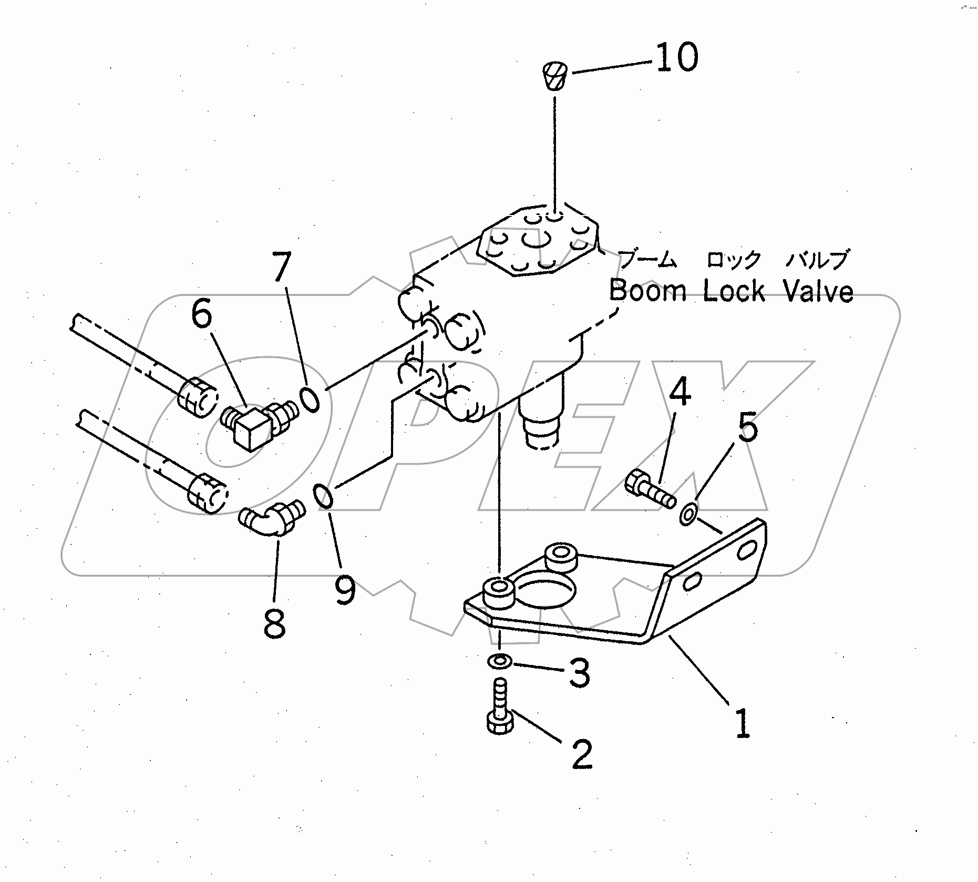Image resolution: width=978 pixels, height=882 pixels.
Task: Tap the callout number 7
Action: tap(282, 268)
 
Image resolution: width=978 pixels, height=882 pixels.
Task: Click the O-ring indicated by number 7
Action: tap(310, 399)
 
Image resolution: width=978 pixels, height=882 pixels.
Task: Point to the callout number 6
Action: tap(201, 315)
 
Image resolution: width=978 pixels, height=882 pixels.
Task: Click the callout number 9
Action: tap(345, 590)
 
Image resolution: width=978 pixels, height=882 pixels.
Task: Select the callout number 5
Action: tap(747, 427)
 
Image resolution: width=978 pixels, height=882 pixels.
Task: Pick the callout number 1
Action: tap(742, 724)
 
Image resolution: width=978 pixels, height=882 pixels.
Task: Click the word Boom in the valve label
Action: tap(647, 291)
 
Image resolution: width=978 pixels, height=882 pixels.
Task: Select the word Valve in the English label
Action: tap(818, 291)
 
